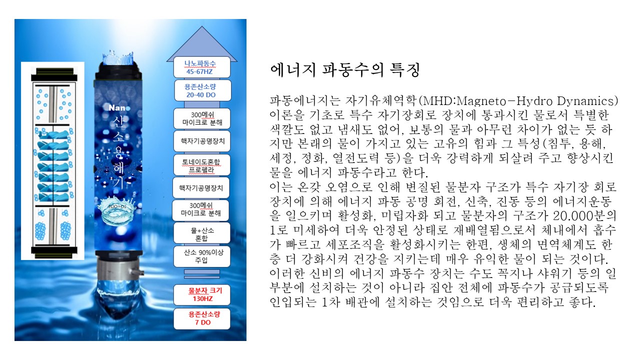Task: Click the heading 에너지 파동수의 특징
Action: click(345, 70)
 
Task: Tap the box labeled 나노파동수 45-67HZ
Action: click(201, 67)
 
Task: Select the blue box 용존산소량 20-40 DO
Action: click(202, 90)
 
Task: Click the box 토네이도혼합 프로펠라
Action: click(201, 165)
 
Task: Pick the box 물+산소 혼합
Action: click(201, 233)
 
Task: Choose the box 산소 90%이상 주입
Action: click(201, 256)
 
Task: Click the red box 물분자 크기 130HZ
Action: click(201, 295)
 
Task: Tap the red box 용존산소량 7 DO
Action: click(201, 318)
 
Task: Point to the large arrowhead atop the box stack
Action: click(201, 44)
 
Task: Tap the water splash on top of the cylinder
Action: click(117, 58)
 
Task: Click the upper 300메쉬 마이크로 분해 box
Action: click(201, 118)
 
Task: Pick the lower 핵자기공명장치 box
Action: click(201, 187)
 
